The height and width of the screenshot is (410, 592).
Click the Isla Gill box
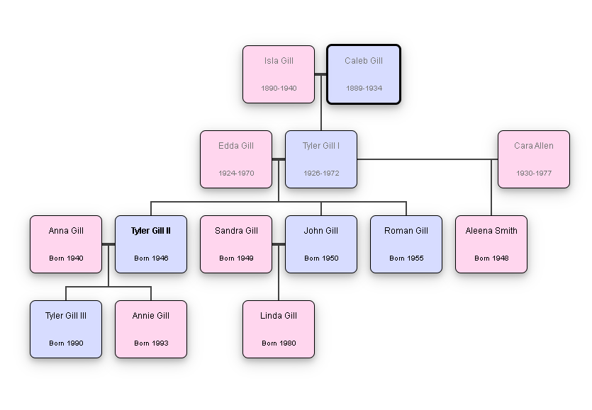(279, 74)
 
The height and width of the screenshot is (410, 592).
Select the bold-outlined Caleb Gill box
(364, 74)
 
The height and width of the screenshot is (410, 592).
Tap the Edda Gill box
(236, 159)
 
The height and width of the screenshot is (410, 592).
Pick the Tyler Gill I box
(321, 159)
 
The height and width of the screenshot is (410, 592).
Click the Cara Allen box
(534, 159)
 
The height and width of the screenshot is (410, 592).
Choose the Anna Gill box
(66, 244)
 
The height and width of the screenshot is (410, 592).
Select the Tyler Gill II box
(151, 244)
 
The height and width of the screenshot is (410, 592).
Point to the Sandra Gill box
(236, 244)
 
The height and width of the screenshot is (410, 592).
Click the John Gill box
(321, 244)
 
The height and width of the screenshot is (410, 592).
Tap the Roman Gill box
(406, 244)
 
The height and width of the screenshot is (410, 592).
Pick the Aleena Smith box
(491, 244)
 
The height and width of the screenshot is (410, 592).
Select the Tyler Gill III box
(66, 329)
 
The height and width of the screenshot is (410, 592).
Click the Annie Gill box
(151, 329)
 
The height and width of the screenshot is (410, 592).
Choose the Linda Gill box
(279, 329)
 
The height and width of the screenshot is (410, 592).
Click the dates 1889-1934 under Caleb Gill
(364, 89)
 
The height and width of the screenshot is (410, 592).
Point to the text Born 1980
(279, 343)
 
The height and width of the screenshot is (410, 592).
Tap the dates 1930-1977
(534, 173)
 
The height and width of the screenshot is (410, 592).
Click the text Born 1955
(406, 258)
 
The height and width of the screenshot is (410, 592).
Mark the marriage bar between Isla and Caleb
(320, 74)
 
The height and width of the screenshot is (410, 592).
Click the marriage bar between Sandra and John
(279, 244)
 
